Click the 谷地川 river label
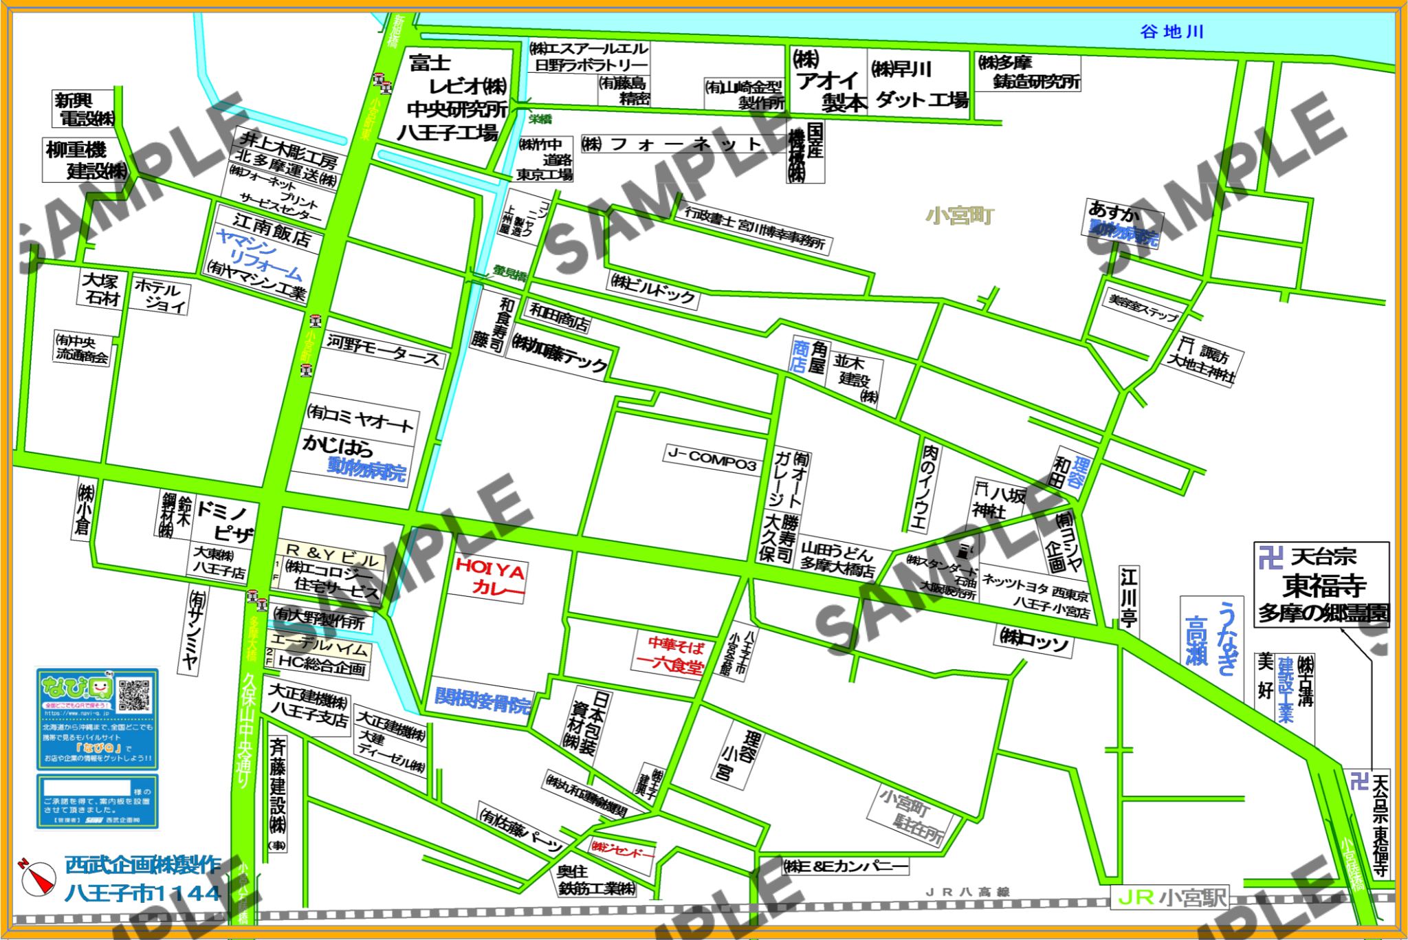[x=1171, y=32]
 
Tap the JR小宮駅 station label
[x=1171, y=897]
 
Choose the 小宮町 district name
[x=959, y=216]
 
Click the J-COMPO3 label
[x=712, y=459]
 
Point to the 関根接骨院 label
[x=483, y=699]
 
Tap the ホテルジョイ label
[x=159, y=296]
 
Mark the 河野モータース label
[x=384, y=350]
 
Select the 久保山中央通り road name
[x=245, y=729]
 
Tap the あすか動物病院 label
[x=1123, y=223]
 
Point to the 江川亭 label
[x=1128, y=596]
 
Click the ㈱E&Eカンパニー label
[x=846, y=866]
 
